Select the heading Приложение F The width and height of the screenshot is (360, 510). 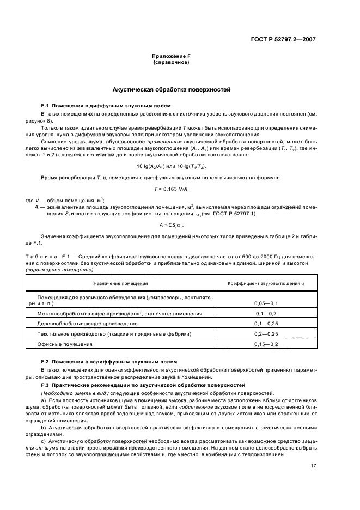pyautogui.click(x=171, y=57)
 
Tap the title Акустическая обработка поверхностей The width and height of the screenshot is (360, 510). pyautogui.click(x=171, y=88)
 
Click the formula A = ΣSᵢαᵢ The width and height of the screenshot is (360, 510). pyautogui.click(x=172, y=224)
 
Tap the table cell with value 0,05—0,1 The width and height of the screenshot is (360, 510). pyautogui.click(x=266, y=303)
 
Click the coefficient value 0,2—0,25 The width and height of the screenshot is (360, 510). pyautogui.click(x=266, y=334)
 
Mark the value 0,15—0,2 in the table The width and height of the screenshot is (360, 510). pyautogui.click(x=266, y=344)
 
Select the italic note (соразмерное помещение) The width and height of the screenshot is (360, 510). pyautogui.click(x=59, y=270)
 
